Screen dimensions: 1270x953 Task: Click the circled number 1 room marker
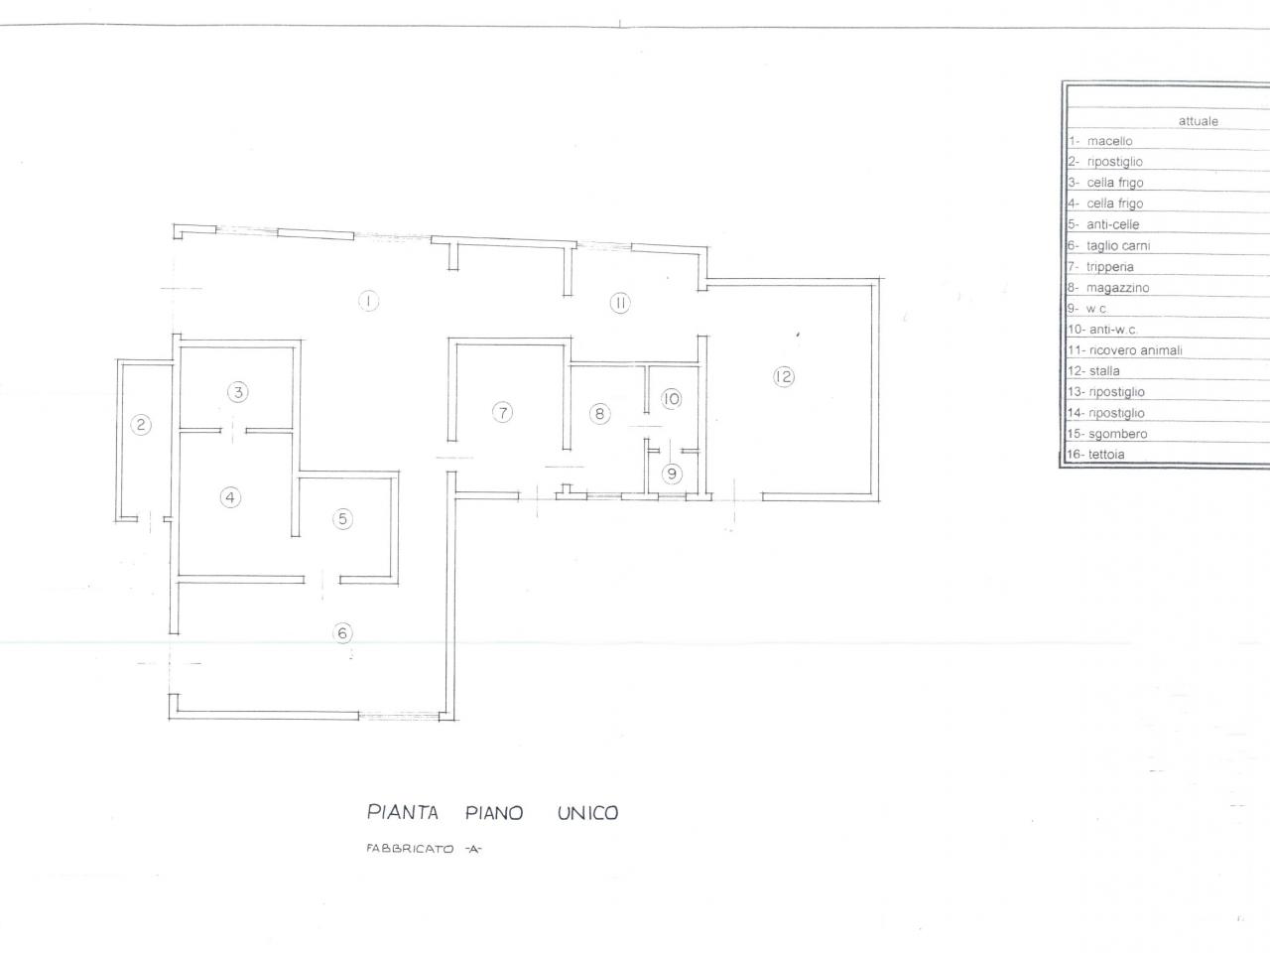368,301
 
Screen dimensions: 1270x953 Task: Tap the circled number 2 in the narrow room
141,425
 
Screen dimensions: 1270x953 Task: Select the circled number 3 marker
238,392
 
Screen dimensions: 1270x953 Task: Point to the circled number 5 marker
342,518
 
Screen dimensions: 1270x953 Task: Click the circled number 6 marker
342,632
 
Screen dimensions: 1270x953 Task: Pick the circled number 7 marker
502,413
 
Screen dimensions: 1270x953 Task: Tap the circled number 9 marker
672,474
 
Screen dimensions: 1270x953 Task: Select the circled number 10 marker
671,399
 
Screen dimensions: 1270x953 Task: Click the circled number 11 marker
620,303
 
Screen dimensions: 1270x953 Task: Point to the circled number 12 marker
784,376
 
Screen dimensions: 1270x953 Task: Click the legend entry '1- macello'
1100,141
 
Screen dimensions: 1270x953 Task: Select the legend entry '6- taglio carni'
1108,245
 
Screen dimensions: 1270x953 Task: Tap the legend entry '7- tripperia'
1100,267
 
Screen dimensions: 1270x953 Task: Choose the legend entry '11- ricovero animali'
1125,350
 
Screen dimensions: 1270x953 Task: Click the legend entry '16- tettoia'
1095,455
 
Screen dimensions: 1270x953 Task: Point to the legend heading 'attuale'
1199,121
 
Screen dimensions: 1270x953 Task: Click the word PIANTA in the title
403,812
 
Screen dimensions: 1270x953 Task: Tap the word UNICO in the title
587,813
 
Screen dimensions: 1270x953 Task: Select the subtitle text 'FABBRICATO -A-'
424,849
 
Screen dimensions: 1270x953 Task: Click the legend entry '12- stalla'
1093,371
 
